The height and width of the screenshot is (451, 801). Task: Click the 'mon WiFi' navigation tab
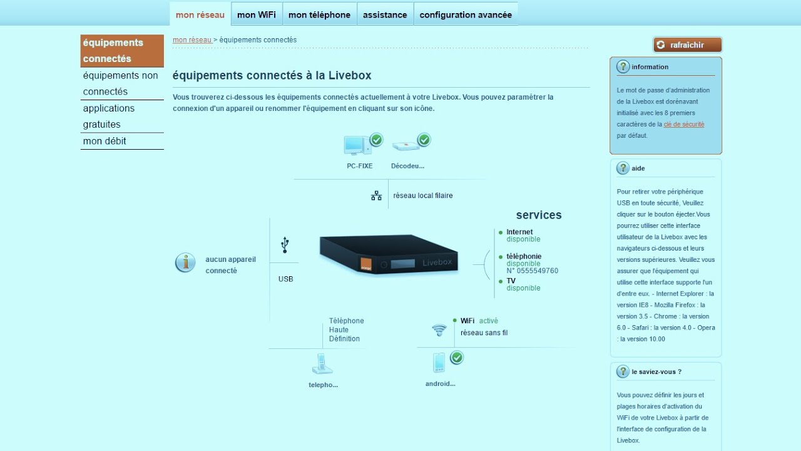click(257, 15)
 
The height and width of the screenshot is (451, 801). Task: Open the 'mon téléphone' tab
click(319, 15)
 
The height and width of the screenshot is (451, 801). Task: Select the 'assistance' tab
click(385, 15)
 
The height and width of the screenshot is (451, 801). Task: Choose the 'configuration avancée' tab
click(466, 15)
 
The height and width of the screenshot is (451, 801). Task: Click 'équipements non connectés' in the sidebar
click(121, 83)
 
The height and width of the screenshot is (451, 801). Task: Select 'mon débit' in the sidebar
click(105, 141)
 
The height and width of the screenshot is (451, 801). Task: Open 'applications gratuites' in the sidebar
click(109, 116)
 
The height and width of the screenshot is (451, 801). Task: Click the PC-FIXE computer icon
click(355, 145)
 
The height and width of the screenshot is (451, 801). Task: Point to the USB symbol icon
click(285, 244)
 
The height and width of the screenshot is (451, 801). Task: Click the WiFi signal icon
click(439, 330)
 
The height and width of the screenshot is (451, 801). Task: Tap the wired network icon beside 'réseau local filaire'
click(376, 195)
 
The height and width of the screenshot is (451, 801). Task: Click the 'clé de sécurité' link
click(684, 124)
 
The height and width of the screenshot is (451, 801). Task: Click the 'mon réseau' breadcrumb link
click(192, 40)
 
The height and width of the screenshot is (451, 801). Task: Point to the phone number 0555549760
click(533, 271)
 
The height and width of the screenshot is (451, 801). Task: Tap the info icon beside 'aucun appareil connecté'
click(185, 263)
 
